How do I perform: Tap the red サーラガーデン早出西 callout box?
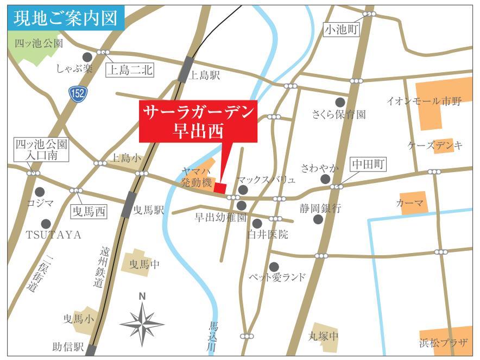198,121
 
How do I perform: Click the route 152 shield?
78,94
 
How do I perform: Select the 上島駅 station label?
205,77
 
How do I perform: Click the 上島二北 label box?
129,70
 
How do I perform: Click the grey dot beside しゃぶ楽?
87,56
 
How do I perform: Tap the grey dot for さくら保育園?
340,102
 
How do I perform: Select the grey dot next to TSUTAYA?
46,223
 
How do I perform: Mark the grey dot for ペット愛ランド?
274,267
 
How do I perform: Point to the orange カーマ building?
413,202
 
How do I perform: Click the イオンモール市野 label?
424,101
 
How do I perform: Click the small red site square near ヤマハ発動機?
220,188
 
